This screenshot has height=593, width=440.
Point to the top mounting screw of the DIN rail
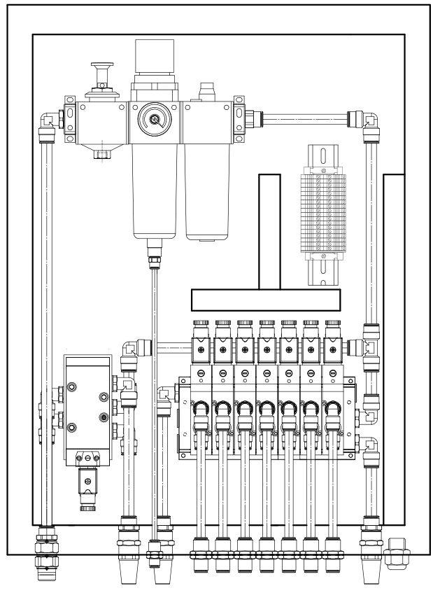323,170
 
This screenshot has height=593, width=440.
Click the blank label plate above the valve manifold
266,300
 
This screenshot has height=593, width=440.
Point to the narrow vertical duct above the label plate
269,231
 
